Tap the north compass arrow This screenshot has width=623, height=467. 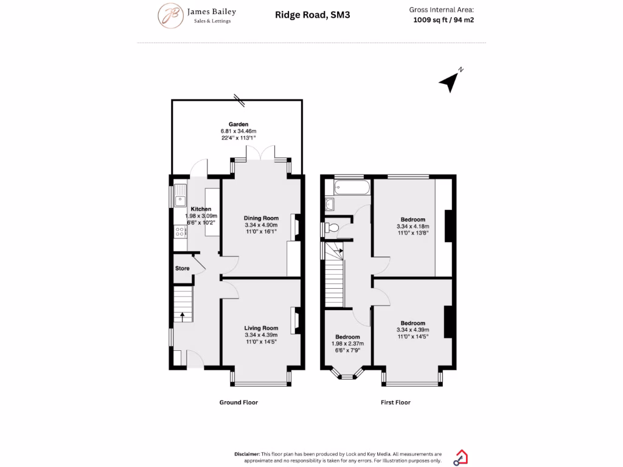450,81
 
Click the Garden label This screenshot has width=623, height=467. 238,124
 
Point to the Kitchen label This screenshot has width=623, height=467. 200,209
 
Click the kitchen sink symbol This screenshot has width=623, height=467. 180,197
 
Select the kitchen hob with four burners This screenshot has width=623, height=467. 180,231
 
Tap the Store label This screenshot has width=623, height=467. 183,268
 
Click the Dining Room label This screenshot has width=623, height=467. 261,218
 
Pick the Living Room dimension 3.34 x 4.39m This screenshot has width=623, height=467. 261,335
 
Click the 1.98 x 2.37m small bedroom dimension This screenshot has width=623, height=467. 347,344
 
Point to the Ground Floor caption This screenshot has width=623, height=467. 238,403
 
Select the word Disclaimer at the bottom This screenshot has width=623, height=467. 247,454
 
